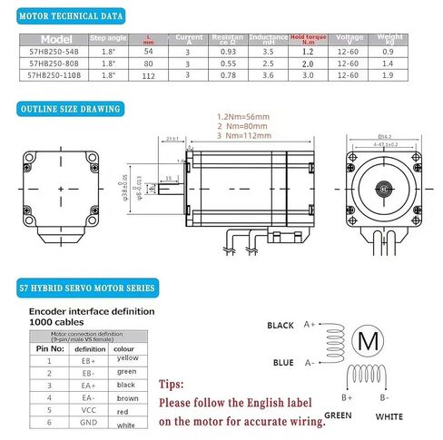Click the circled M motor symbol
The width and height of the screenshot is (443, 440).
pos(368,340)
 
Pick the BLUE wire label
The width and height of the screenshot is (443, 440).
pos(283,363)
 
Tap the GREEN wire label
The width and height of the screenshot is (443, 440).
pos(338,416)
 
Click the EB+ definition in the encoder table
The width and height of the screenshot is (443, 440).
pos(89,360)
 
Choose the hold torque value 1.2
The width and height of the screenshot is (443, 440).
pos(307,53)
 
